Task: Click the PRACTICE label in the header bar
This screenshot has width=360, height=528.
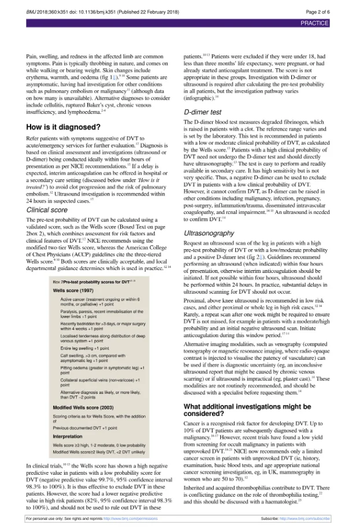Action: pyautogui.click(x=314, y=23)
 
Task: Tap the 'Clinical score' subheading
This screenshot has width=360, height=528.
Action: pyautogui.click(x=47, y=210)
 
